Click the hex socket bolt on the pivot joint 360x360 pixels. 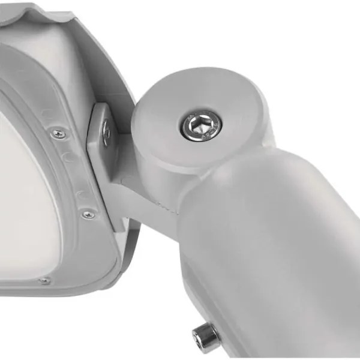pos(199,125)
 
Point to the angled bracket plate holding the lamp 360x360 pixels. pos(100,144)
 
